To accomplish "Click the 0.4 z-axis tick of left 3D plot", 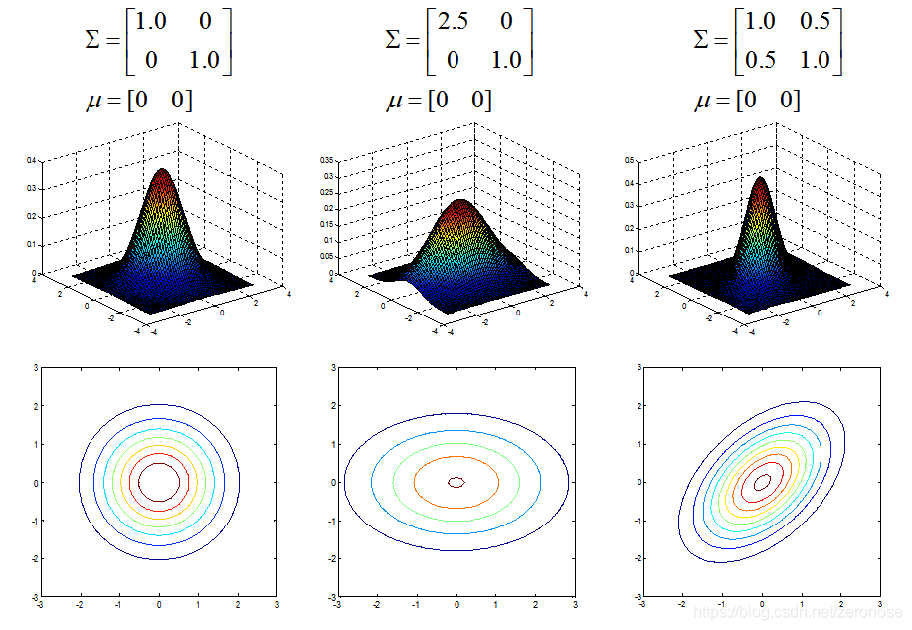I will click(32, 160).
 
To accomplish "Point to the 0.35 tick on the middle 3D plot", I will click(326, 160).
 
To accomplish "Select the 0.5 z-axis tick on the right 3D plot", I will click(628, 160).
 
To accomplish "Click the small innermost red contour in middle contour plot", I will click(456, 482).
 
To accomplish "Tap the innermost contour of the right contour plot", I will click(762, 482).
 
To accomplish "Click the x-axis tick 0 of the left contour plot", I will click(159, 604).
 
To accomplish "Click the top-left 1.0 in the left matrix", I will click(151, 22).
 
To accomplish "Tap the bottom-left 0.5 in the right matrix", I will click(761, 60).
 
